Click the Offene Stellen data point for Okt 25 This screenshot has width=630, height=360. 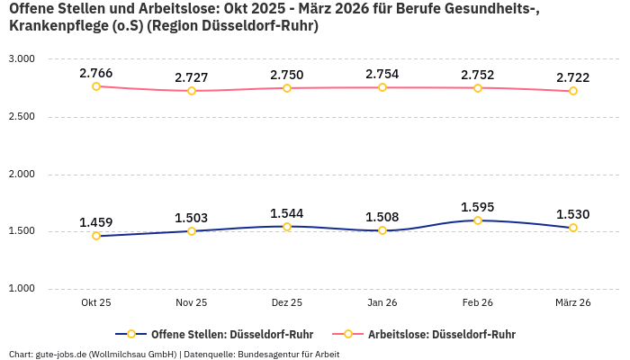(x=96, y=236)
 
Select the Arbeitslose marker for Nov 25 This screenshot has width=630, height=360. (x=192, y=91)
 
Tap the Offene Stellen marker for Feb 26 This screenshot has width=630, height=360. (x=478, y=220)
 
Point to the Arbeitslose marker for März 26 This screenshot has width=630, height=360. (x=573, y=91)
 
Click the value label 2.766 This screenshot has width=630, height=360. (x=96, y=72)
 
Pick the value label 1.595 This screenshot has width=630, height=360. (x=478, y=207)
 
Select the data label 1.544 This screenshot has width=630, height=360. (x=287, y=213)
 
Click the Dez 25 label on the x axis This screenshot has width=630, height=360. (x=287, y=303)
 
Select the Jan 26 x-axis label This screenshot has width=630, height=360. (x=382, y=303)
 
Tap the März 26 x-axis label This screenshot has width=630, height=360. (x=573, y=303)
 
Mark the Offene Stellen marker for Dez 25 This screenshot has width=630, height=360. (x=287, y=227)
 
